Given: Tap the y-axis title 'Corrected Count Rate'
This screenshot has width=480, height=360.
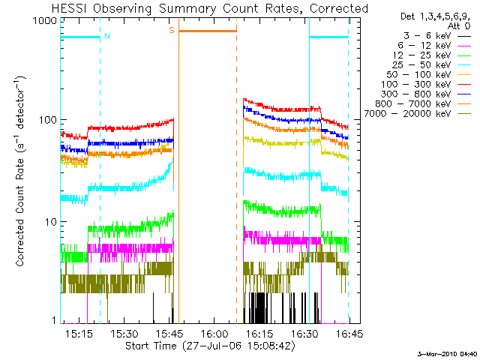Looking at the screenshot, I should click(x=22, y=178).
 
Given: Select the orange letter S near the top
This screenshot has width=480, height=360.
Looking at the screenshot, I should click(x=172, y=30).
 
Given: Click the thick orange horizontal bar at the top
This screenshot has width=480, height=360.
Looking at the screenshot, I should click(x=208, y=31).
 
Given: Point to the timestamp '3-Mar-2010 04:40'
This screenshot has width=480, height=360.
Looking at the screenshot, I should click(x=447, y=353).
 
